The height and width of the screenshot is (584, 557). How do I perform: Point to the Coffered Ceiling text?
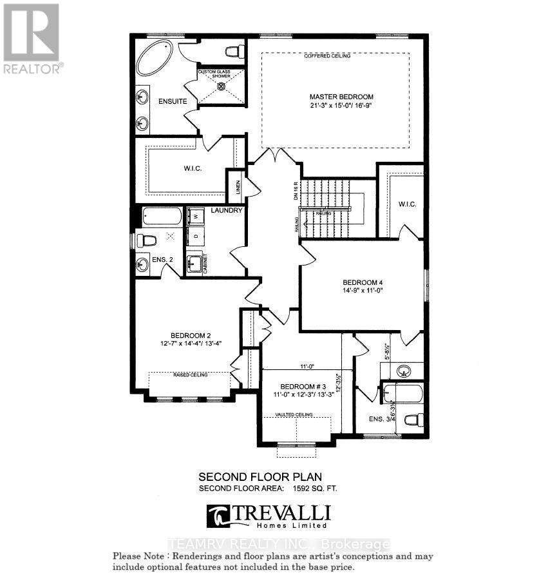pos(327,57)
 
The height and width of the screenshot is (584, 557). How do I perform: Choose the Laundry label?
pos(226,210)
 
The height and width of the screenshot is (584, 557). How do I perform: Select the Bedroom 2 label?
pos(191,335)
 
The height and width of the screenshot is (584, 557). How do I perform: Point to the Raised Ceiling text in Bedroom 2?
pos(189,375)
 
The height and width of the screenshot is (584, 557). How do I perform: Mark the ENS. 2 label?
pos(163,259)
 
